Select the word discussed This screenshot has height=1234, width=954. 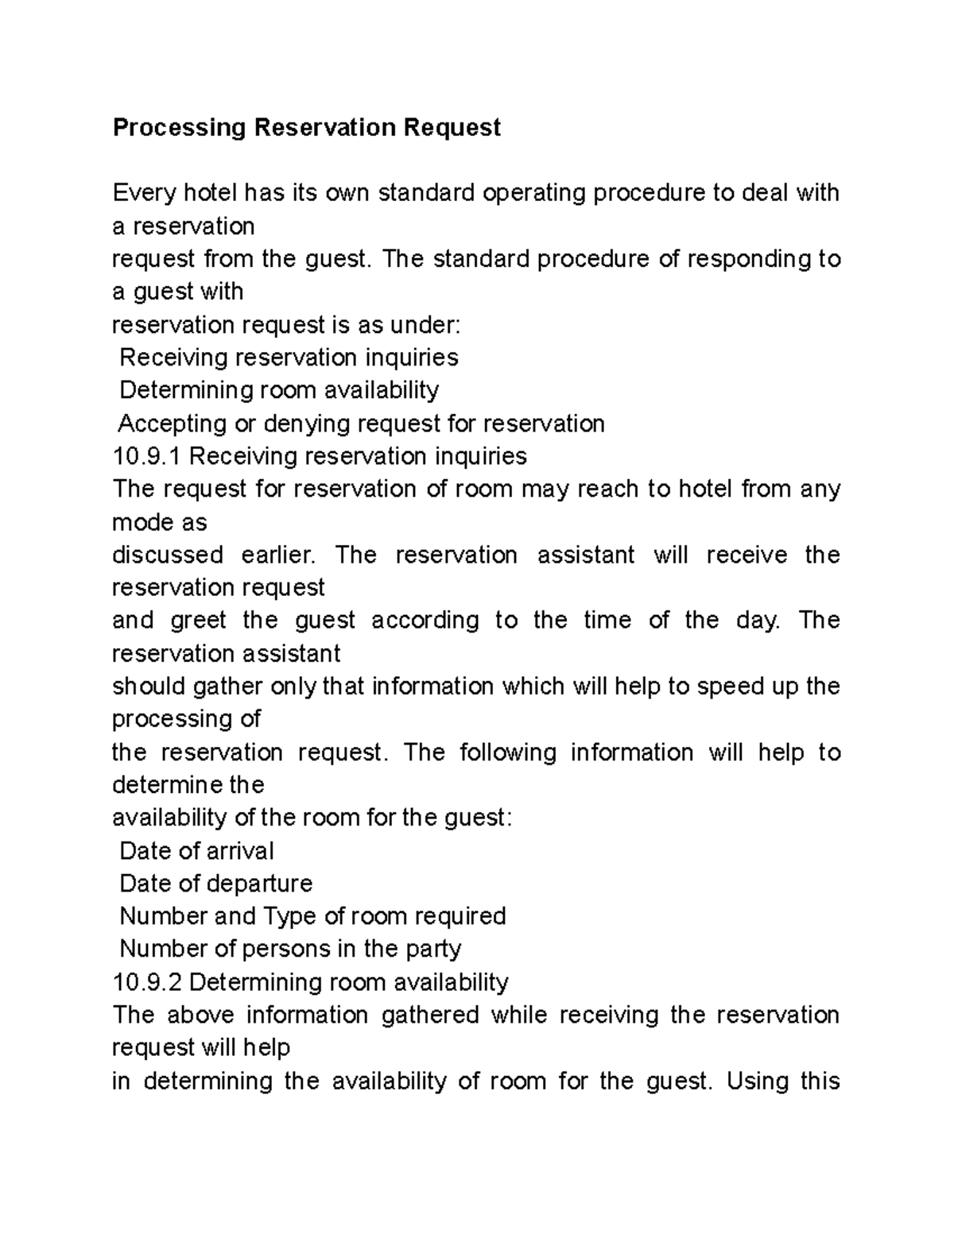tap(167, 555)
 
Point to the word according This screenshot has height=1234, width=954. tap(425, 620)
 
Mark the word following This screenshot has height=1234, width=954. tap(507, 752)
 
